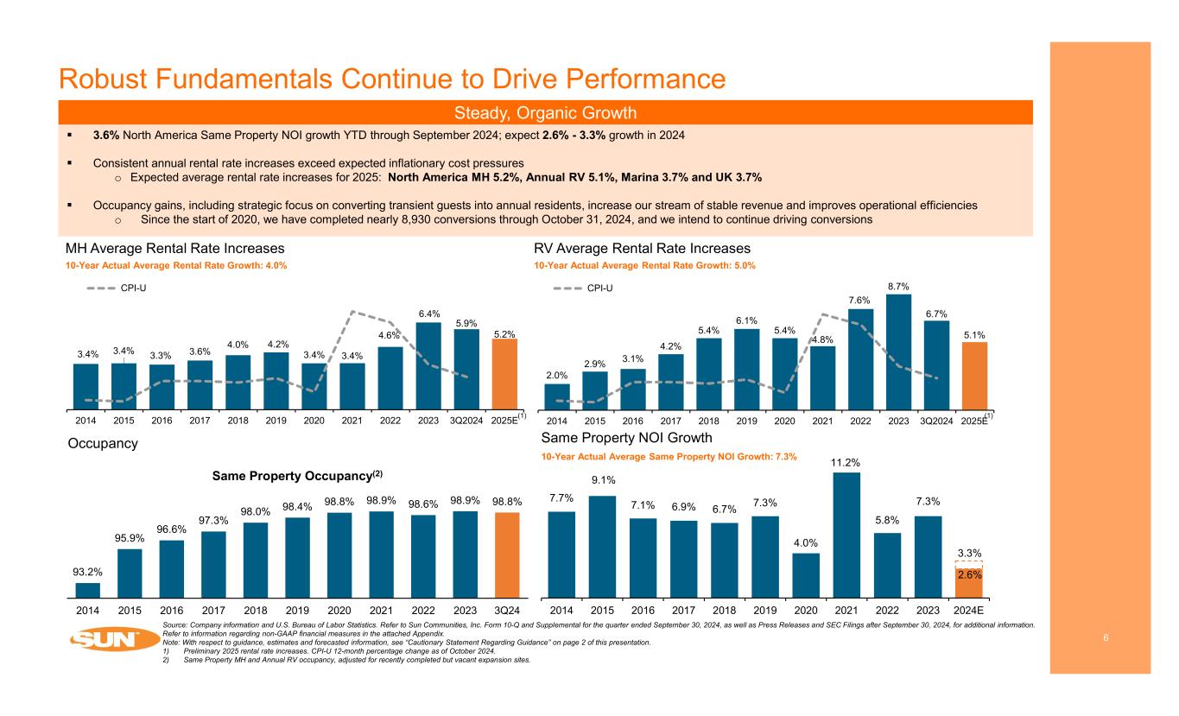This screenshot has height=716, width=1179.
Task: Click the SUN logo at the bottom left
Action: click(105, 640)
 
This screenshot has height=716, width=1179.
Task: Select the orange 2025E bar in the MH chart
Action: click(504, 373)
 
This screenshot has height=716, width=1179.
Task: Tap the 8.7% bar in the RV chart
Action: click(898, 351)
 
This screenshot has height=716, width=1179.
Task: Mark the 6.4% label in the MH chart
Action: click(429, 314)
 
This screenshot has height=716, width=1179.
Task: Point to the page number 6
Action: click(1106, 637)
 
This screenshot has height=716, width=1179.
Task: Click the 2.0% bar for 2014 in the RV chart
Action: click(557, 395)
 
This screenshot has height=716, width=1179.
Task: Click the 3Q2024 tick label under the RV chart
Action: click(936, 421)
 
